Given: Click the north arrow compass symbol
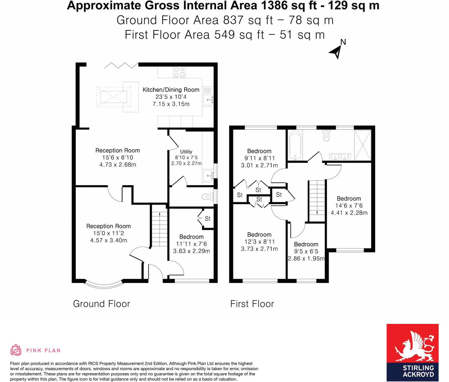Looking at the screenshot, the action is [x=336, y=52].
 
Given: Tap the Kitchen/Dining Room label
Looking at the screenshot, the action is [x=171, y=90].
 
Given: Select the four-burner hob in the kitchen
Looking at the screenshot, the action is [x=179, y=72].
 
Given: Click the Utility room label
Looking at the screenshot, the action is [x=186, y=152].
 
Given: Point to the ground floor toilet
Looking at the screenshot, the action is [x=207, y=196].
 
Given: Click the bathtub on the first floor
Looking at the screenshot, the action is [x=295, y=145].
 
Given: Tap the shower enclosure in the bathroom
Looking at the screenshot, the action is [x=363, y=145].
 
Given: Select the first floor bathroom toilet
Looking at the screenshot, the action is [x=326, y=136].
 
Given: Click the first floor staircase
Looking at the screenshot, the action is [x=317, y=201].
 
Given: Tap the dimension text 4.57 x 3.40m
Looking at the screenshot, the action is [x=109, y=240].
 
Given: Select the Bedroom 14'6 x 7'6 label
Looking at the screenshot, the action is [x=349, y=206].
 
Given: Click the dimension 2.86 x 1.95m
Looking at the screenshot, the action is [x=306, y=258].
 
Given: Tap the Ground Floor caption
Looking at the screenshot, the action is [x=102, y=304].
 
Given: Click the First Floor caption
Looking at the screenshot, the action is [x=252, y=304].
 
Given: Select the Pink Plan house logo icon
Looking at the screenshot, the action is [x=16, y=350].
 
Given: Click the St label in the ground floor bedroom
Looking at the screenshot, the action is [x=208, y=219].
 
